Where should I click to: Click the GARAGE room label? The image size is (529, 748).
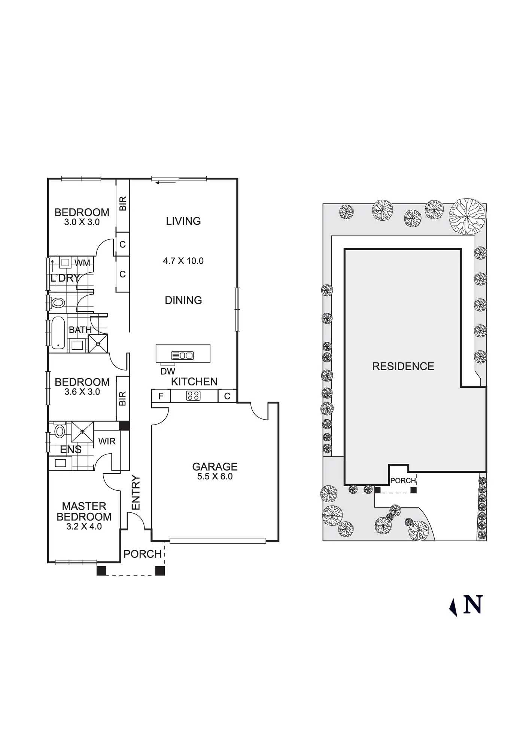click(215, 466)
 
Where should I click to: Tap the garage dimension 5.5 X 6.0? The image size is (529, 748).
click(215, 476)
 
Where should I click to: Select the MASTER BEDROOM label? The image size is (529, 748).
click(84, 511)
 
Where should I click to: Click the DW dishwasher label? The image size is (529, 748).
click(168, 371)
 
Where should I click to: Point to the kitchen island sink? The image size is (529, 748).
click(182, 355)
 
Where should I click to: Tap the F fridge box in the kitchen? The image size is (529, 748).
click(161, 396)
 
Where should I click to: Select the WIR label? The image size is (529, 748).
click(107, 441)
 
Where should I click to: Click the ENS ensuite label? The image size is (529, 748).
click(71, 450)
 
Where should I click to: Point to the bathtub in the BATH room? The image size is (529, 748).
click(58, 333)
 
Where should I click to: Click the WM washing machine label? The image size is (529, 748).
click(82, 263)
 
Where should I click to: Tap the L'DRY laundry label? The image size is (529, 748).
click(65, 278)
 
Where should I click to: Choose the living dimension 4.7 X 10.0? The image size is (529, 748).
click(183, 261)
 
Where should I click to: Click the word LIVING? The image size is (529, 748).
click(183, 221)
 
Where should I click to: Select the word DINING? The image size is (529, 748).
click(183, 300)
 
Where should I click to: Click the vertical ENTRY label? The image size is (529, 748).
click(136, 492)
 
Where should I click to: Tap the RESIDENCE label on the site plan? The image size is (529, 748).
click(403, 366)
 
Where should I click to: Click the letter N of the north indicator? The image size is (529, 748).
click(472, 605)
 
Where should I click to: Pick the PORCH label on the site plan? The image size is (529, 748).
click(403, 481)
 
